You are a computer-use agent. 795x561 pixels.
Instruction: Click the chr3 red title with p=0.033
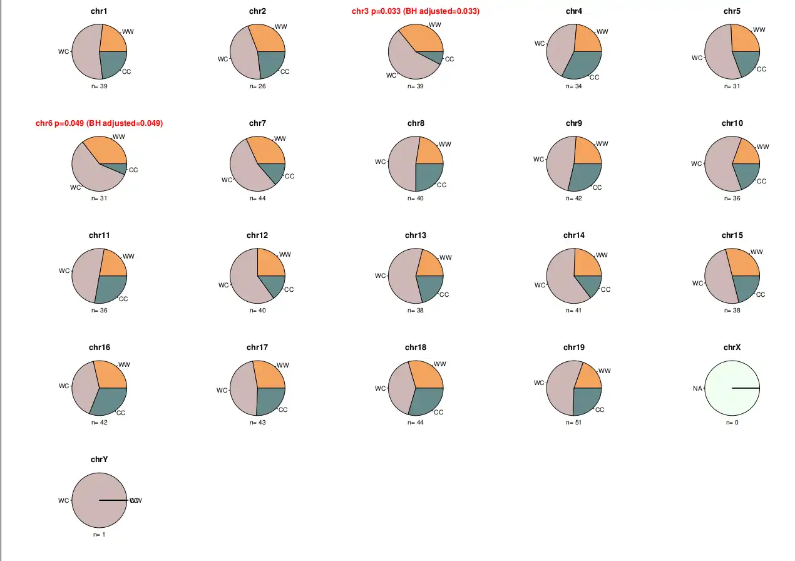[x=416, y=11]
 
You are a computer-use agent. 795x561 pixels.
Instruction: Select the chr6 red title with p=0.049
[x=99, y=123]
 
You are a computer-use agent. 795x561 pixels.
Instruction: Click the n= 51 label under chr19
[x=574, y=423]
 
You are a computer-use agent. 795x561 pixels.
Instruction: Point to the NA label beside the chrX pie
[x=697, y=388]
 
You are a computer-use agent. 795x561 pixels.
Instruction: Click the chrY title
[x=99, y=460]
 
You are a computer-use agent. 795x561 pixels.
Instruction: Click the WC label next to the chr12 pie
[x=223, y=286]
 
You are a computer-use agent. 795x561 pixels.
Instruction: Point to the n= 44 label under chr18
[x=416, y=423]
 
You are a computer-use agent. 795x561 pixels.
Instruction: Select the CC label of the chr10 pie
[x=761, y=181]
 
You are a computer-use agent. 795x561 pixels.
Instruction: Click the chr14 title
[x=574, y=235]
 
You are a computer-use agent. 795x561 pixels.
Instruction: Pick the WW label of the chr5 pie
[x=759, y=29]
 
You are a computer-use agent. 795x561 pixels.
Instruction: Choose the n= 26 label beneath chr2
[x=258, y=86]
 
